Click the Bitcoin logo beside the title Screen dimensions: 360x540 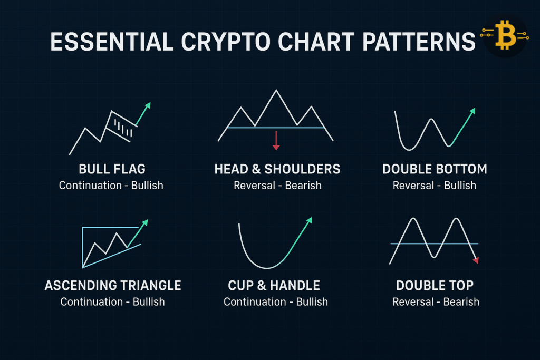(505, 36)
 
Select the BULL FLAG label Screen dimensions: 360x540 (112, 169)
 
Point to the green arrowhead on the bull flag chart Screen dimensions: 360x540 (148, 105)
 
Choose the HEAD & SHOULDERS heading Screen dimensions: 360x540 (277, 169)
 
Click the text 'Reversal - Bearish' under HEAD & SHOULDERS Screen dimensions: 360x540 (277, 186)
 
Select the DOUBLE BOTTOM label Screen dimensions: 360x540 (435, 169)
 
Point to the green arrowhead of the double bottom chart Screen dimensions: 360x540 (472, 111)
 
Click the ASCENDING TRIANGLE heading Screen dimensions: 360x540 (113, 286)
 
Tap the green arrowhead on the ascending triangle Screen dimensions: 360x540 (145, 222)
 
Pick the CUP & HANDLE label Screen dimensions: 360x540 (274, 286)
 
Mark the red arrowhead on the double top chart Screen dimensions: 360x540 (476, 260)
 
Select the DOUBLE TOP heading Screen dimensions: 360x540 (435, 286)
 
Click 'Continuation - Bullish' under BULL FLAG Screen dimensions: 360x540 (111, 186)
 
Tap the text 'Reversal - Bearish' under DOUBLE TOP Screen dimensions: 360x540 (436, 302)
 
